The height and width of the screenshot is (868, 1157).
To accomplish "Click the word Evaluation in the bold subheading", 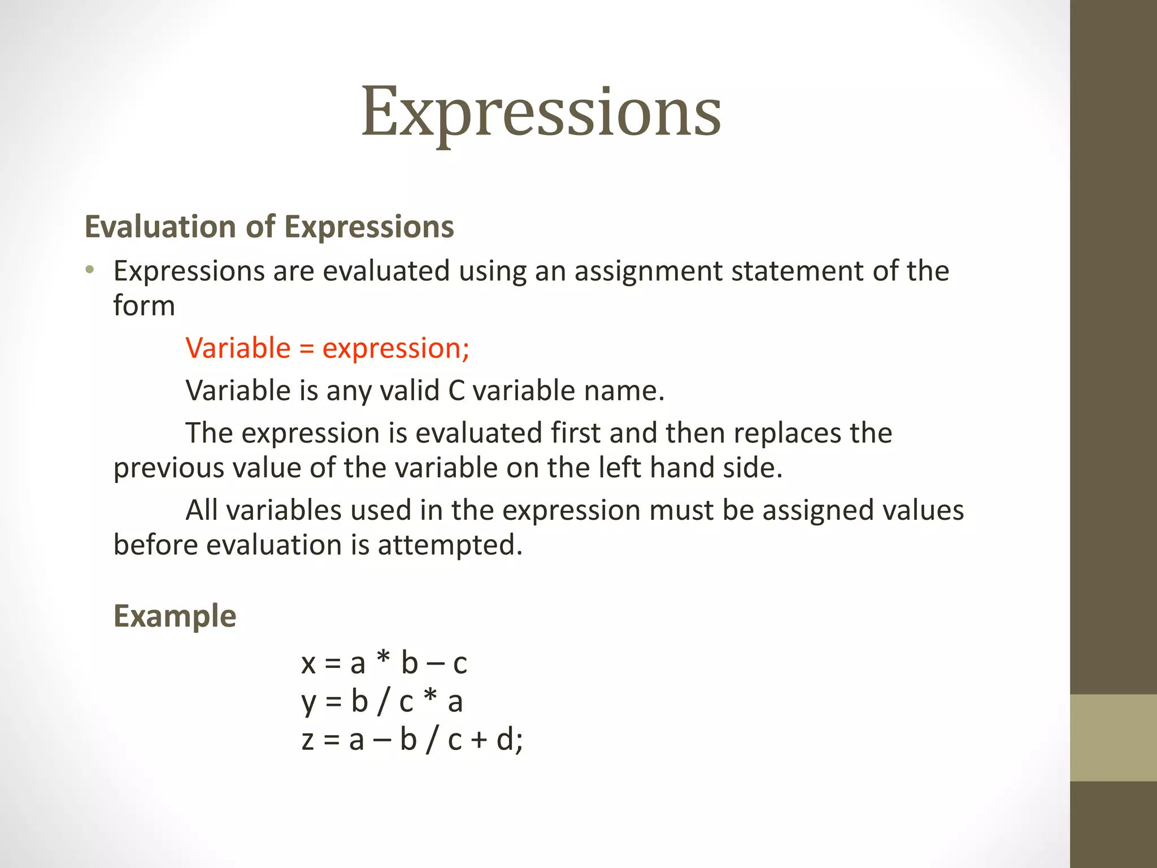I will click(159, 227).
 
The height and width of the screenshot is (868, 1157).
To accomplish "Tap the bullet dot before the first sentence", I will click(89, 270).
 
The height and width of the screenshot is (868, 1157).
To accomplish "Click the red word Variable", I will click(238, 348).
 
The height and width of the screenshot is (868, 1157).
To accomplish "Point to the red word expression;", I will click(395, 349).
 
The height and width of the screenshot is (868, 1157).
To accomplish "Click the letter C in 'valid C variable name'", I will click(456, 390).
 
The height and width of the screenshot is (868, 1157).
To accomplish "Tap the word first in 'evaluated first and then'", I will click(575, 433).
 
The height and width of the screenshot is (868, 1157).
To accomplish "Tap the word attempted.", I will click(450, 545).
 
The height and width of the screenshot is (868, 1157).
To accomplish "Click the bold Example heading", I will click(175, 616).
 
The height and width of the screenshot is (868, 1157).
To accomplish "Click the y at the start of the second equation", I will click(308, 702).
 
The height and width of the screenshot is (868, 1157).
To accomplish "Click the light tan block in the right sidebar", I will click(1113, 737).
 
